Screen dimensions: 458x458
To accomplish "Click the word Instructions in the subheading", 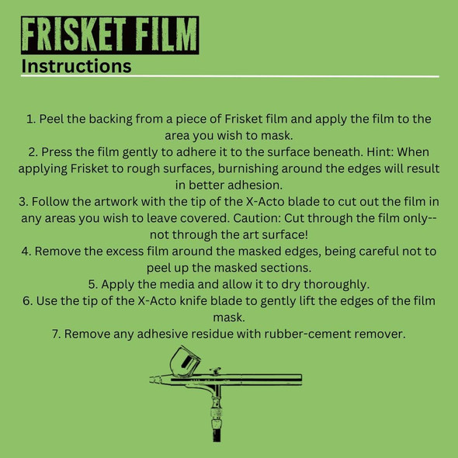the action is (x=76, y=66).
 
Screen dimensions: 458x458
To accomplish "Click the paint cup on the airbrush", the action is (x=185, y=362).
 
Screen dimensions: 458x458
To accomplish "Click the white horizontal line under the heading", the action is (x=230, y=77).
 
